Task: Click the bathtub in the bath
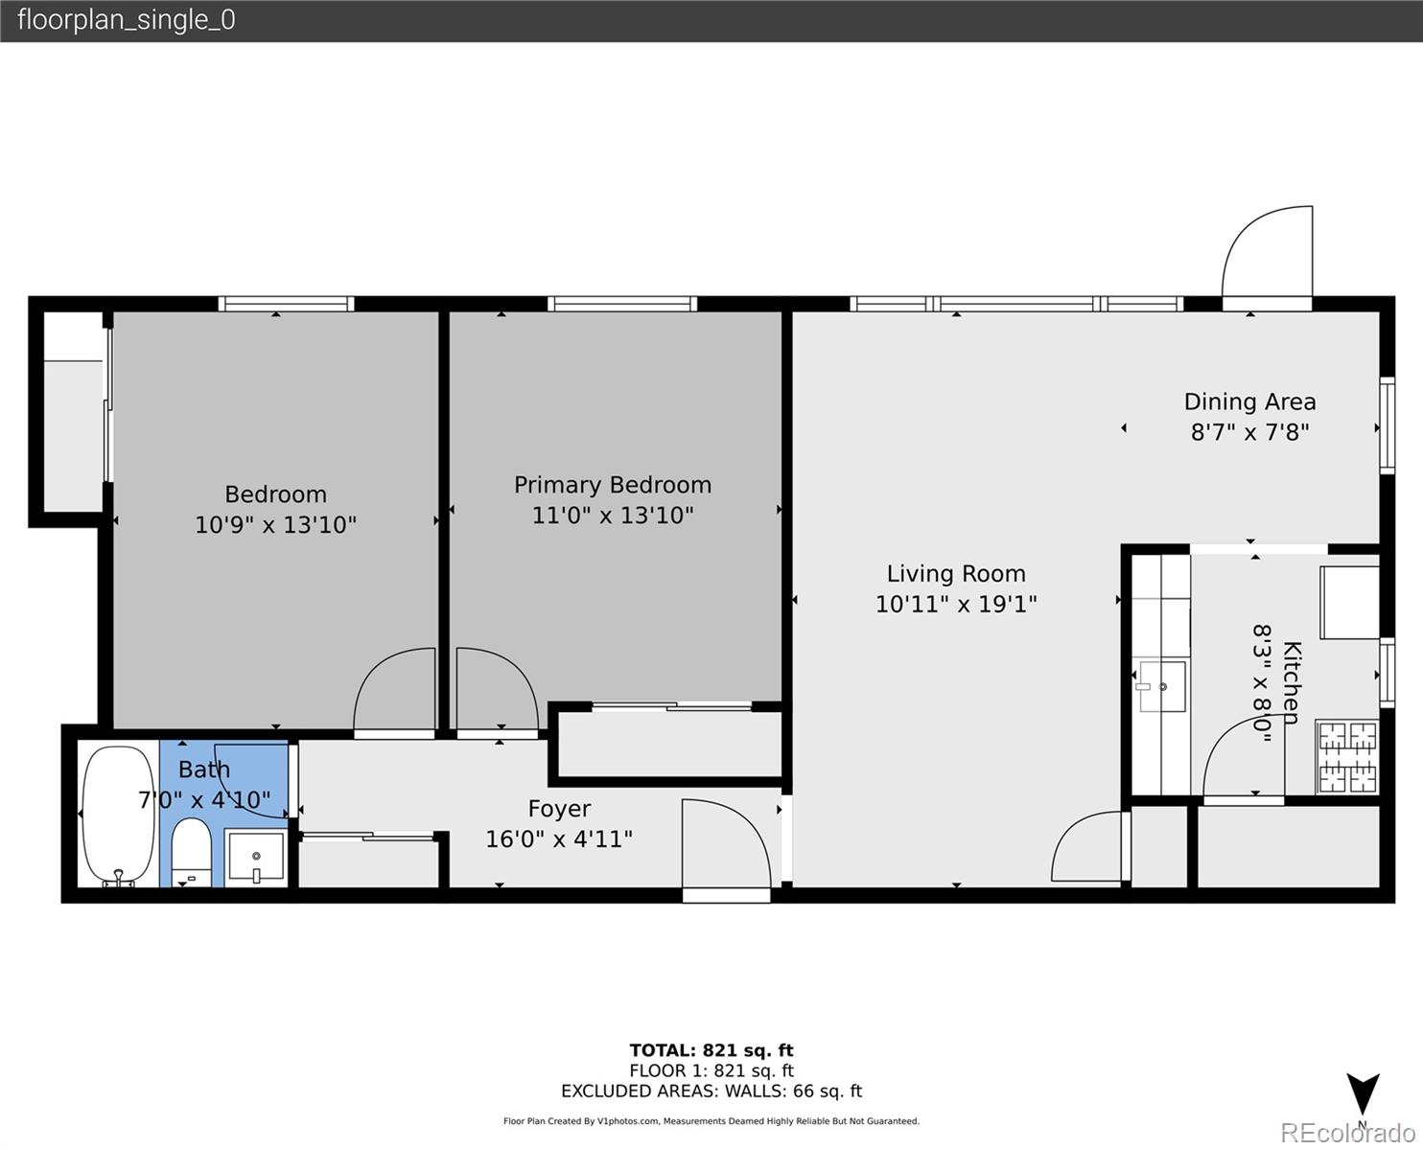coord(118,815)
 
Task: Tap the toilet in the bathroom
coord(192,851)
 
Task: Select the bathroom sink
coord(256,857)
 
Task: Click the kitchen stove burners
coord(1347,757)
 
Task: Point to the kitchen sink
coord(1161,686)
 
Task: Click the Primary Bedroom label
coord(612,485)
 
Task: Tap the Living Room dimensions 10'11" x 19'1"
coord(956,604)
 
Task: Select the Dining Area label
coord(1249,402)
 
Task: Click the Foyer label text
coord(559,809)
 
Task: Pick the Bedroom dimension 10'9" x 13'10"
coord(275,525)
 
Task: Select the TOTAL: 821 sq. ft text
coord(711,1050)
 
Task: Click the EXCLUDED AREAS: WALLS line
coord(711,1091)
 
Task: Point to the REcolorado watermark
coord(1347,1132)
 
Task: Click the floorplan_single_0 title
coord(126,20)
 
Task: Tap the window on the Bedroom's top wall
coord(286,304)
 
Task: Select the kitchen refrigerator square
coord(1349,602)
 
